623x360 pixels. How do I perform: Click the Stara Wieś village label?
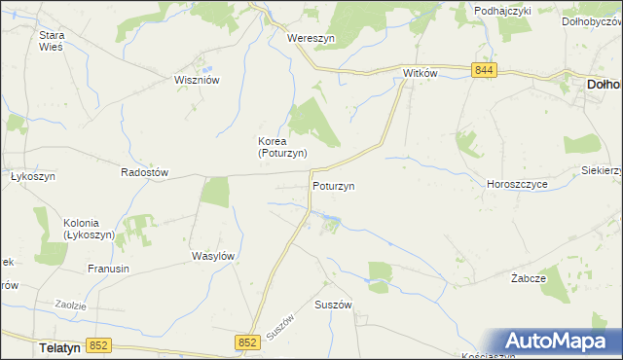(51, 41)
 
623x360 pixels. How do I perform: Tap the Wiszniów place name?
(195, 81)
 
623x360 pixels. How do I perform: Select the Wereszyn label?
(311, 38)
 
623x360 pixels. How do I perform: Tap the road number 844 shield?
(485, 70)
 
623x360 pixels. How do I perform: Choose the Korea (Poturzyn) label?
(282, 147)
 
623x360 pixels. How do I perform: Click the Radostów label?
(144, 172)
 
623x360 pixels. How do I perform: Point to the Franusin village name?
(109, 269)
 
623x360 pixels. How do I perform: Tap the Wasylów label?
(214, 256)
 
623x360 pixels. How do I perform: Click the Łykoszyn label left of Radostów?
(31, 177)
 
